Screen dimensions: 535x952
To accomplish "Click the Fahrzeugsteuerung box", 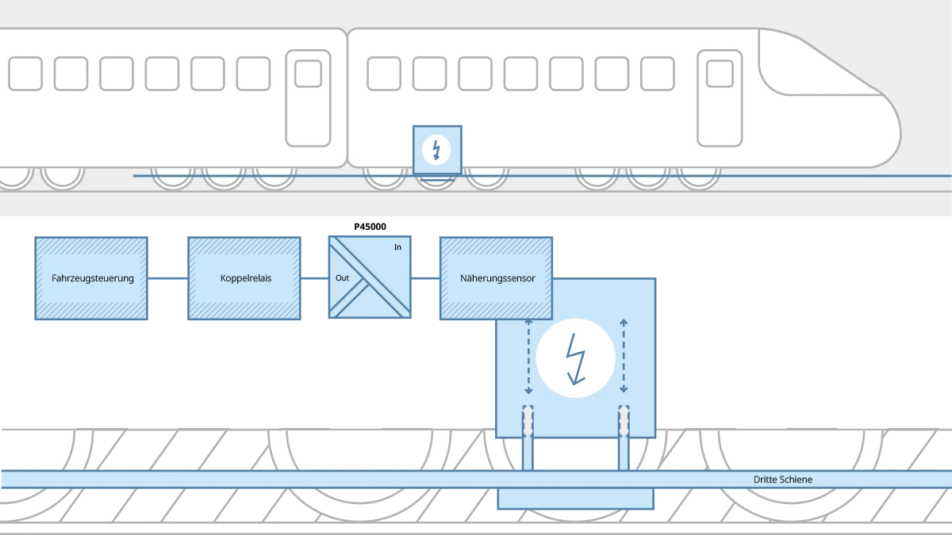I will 92,278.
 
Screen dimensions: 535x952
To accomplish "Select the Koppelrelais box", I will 245,278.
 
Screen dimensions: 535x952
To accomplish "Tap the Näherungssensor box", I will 497,278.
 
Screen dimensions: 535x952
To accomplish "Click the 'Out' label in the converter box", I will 342,278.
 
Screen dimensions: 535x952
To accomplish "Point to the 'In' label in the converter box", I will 397,247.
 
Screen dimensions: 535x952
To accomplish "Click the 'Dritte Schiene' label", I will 782,480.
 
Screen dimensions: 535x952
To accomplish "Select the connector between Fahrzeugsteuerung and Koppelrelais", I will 168,278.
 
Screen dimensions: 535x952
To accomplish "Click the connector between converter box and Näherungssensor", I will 426,278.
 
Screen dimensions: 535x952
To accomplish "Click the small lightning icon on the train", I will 436,149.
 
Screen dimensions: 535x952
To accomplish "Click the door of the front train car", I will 720,98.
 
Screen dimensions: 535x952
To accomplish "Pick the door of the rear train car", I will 308,98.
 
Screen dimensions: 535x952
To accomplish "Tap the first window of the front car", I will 384,74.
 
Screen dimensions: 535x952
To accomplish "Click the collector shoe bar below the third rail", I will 575,499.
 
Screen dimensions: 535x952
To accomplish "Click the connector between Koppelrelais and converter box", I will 315,278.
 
